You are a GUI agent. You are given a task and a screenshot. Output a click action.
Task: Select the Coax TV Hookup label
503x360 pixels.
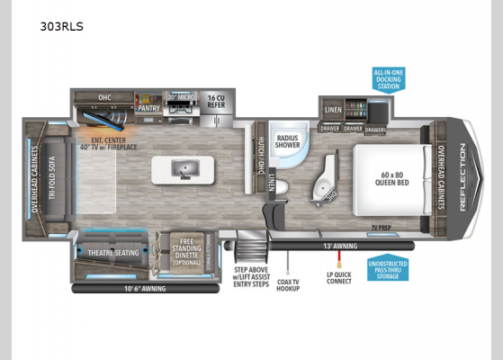point(289,280)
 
